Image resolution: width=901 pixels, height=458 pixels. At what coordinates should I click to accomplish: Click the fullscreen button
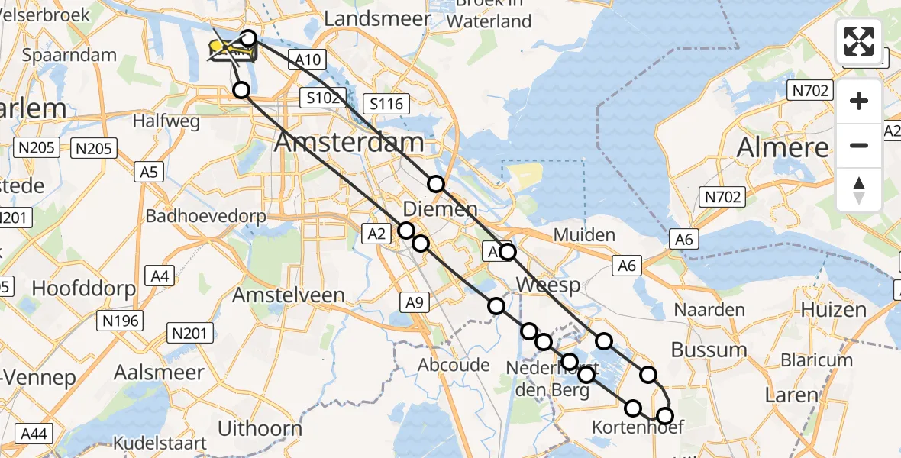859,41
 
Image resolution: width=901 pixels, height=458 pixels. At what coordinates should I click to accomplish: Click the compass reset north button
859,190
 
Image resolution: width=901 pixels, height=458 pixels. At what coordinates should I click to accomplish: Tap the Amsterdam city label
349,142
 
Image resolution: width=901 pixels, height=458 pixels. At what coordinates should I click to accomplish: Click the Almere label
783,147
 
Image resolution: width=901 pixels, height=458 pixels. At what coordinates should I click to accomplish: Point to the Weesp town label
547,285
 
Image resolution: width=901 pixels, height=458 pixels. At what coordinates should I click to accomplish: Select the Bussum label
709,350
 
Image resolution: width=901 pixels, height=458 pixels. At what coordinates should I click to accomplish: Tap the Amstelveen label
289,295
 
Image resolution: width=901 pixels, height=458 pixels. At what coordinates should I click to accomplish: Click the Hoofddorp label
84,289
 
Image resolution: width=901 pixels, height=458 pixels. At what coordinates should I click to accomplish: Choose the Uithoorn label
260,428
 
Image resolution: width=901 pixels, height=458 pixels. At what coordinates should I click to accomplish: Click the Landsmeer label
377,18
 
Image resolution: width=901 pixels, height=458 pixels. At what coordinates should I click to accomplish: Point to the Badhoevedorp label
206,216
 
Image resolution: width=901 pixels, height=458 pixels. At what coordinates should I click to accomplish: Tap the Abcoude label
454,365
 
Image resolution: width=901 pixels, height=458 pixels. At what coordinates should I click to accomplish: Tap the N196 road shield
121,321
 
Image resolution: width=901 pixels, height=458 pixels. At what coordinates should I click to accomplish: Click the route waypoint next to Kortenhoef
665,416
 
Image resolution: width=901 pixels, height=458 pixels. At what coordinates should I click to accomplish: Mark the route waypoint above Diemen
435,184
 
